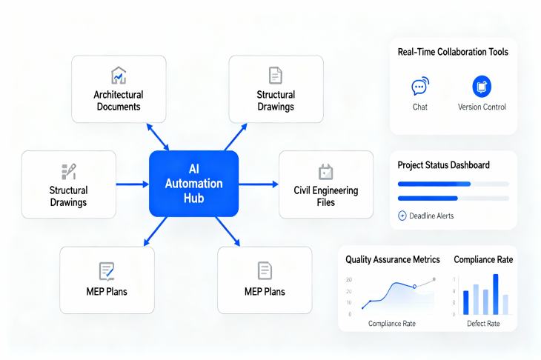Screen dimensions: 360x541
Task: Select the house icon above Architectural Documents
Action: pos(119,76)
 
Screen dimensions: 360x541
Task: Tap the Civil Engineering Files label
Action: pos(325,196)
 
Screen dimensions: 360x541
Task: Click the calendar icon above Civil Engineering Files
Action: pos(325,172)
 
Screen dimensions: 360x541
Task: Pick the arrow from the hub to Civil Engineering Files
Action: pos(259,184)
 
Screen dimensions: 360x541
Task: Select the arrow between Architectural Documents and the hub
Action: pos(158,137)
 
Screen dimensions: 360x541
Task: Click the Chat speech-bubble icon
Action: pos(419,87)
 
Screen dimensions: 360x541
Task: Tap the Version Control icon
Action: pos(482,87)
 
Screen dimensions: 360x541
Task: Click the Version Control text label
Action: pos(482,107)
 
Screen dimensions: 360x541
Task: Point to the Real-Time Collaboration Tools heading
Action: pos(453,52)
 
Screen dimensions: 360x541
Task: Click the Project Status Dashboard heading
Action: pos(443,165)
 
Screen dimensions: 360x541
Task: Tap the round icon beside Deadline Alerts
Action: pos(402,216)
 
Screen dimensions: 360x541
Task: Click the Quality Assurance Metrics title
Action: pos(393,260)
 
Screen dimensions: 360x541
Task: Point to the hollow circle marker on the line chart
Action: pos(415,286)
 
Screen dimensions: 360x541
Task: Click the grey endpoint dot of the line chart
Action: pos(434,279)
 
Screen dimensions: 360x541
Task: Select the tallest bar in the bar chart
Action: pos(495,294)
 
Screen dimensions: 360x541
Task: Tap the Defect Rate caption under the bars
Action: pos(483,324)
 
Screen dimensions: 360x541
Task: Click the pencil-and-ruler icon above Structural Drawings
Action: pos(68,171)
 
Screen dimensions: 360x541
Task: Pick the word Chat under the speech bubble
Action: pos(419,107)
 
